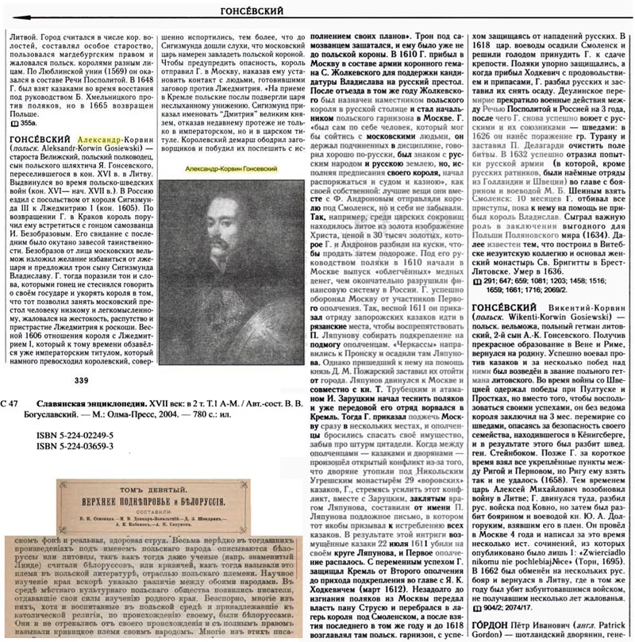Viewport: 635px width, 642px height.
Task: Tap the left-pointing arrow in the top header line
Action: tap(24, 16)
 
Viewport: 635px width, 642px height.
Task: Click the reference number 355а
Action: tap(26, 123)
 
